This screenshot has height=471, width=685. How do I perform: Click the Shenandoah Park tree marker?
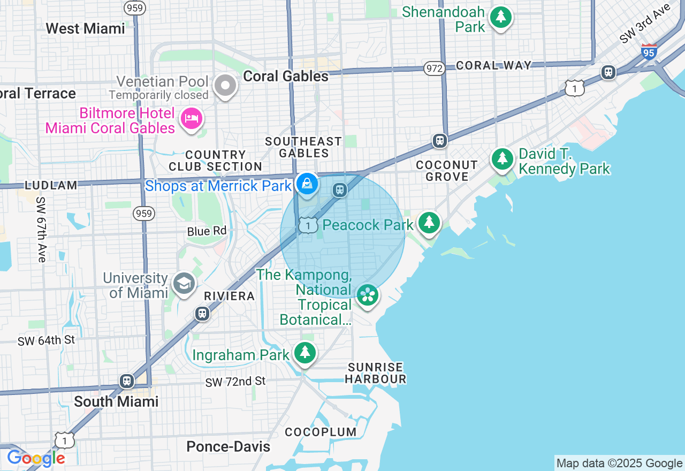coord(501,18)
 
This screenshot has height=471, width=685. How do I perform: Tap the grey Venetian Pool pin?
coord(225,86)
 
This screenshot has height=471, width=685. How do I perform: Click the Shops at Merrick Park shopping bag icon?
coord(307,184)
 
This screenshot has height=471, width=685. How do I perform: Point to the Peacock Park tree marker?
coord(429,222)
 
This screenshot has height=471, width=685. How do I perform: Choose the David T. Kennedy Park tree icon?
coord(502,159)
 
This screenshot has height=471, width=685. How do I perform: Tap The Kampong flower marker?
coord(368,295)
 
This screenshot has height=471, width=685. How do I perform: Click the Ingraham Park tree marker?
coord(305,352)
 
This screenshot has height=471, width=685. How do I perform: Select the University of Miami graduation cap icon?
coord(184,284)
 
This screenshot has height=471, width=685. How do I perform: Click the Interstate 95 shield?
coord(649,52)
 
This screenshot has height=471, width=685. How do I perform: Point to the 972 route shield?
coord(434,69)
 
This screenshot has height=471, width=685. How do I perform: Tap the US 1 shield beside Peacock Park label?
coord(308,225)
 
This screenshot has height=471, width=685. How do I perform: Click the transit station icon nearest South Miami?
coord(127,381)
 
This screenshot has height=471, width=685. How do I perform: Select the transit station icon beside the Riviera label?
coord(202,313)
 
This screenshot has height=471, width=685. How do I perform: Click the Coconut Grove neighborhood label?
coord(446,171)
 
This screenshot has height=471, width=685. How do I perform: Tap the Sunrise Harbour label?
coord(375,373)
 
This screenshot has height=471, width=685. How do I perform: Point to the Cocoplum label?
coord(321,432)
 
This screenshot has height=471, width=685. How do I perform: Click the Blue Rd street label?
coord(207,231)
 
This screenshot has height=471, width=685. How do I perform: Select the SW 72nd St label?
coord(235,382)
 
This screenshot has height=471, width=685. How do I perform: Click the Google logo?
coord(36,458)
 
